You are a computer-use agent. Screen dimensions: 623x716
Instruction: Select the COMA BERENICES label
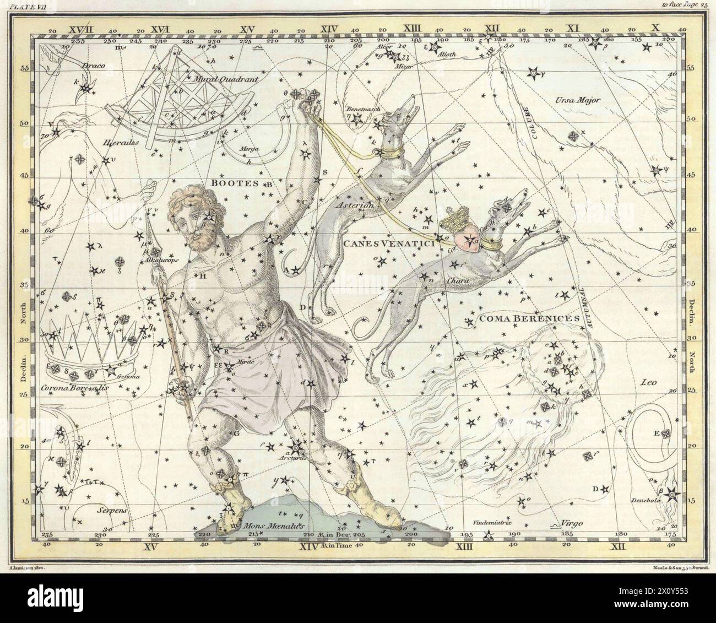click(x=520, y=318)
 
